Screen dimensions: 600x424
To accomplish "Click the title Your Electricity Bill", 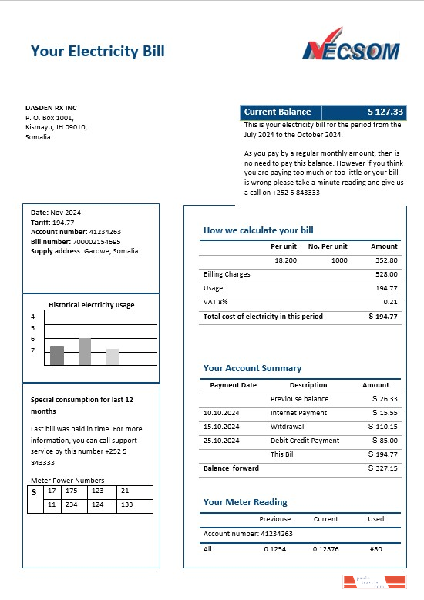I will [x=97, y=51].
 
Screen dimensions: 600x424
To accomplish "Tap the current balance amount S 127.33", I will [x=385, y=112].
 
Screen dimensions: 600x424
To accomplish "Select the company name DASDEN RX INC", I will [x=51, y=107].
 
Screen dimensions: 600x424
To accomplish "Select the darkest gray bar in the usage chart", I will [x=56, y=355].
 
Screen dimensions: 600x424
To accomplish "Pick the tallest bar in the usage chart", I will [x=85, y=351].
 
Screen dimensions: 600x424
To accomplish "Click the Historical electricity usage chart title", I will [x=91, y=305].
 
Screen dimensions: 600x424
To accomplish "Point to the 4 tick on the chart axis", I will [x=33, y=317].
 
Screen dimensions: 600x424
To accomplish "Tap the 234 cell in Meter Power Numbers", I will [x=72, y=504].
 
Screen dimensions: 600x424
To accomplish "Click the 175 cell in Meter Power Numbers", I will [x=72, y=491].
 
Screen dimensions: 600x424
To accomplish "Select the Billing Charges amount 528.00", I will [x=386, y=274].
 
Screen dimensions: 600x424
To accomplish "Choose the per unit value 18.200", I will [x=285, y=260].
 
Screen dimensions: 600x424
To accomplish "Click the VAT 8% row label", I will [x=216, y=302].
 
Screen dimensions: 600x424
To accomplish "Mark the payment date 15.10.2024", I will [x=221, y=427].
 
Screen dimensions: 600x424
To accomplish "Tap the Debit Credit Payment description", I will [x=305, y=441].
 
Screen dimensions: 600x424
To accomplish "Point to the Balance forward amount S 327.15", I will [x=383, y=468].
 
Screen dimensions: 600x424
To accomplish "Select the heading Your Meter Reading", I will [x=245, y=502].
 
